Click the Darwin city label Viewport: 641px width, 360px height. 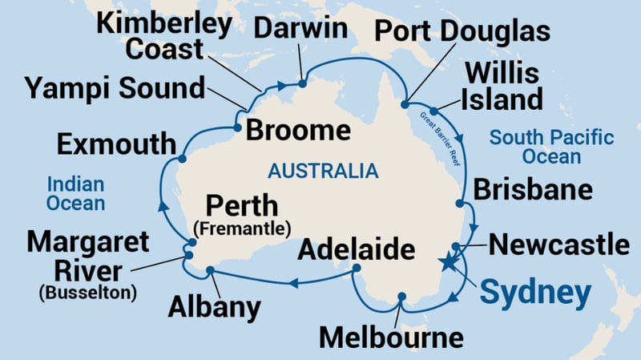click(x=300, y=30)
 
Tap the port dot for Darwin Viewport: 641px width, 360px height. click(x=302, y=82)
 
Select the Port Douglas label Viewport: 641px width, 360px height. click(x=463, y=32)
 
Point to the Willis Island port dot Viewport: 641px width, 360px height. click(x=433, y=111)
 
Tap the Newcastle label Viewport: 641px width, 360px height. click(x=559, y=245)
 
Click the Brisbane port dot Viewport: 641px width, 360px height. click(x=460, y=203)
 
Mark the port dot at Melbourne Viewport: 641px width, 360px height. click(x=402, y=297)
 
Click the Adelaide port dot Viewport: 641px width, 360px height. click(x=357, y=269)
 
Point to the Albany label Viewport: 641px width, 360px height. click(x=215, y=306)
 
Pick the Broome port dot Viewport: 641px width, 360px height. click(x=237, y=127)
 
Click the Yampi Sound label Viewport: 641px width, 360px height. click(x=115, y=87)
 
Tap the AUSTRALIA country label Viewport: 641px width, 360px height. click(x=323, y=170)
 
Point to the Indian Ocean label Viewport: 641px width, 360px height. click(x=75, y=192)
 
